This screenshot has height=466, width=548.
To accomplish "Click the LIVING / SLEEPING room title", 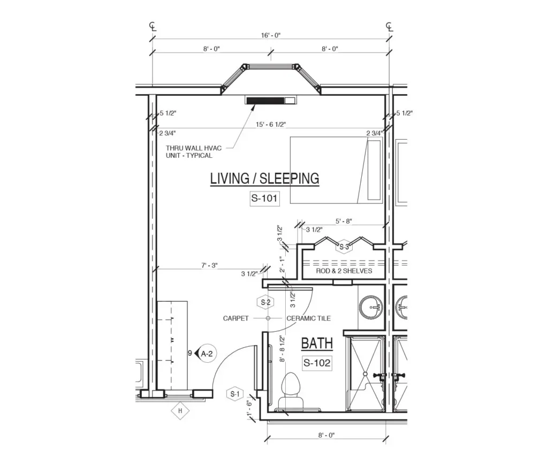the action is tap(264, 179).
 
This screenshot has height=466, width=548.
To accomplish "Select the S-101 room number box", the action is tap(264, 198).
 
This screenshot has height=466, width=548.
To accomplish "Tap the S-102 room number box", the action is tap(317, 363).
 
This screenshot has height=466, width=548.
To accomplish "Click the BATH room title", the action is tap(317, 343).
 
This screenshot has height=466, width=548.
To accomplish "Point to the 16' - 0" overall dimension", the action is tap(271, 35).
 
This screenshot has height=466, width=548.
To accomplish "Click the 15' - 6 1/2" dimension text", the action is tap(271, 124).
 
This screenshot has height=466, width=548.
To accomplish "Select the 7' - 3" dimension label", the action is tap(209, 265).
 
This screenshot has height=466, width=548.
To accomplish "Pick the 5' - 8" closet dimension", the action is tap(344, 221).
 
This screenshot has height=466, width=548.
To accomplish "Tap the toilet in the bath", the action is tap(291, 391).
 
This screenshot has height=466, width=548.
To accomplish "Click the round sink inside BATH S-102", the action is tap(371, 308).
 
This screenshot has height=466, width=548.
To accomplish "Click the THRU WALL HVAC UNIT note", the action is tap(194, 152).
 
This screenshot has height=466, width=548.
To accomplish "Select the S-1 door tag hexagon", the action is tap(235, 394).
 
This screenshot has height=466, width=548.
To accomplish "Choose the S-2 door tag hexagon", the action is tap(265, 302).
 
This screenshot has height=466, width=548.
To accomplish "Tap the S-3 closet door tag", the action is tap(344, 247).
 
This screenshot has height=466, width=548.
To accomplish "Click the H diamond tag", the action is tap(180, 410).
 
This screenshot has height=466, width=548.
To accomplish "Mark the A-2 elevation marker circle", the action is tap(207, 354).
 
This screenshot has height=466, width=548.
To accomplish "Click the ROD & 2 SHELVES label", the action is tap(344, 271).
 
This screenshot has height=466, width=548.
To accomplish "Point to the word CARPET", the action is tap(236, 318).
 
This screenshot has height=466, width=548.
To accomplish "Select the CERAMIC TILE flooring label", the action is tap(309, 318).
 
